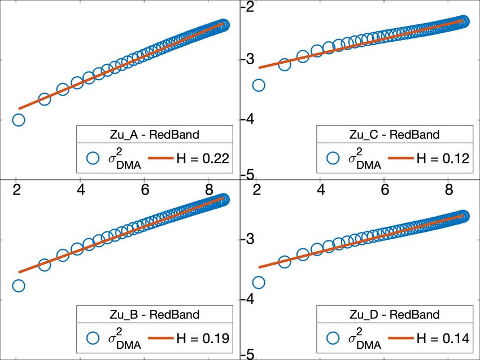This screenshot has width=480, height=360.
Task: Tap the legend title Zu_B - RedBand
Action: point(154,314)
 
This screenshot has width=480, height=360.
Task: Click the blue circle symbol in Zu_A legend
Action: point(94,159)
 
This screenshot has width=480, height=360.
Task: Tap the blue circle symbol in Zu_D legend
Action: point(333,339)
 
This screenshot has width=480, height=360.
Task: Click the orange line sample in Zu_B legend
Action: point(158,339)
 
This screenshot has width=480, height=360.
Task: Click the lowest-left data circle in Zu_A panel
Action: point(18,120)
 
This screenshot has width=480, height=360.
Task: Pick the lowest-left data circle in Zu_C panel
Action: point(259,85)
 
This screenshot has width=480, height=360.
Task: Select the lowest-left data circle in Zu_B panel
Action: point(18,286)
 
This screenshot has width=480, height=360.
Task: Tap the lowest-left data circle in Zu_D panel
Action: point(259,282)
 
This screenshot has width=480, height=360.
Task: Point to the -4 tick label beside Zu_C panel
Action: point(249,120)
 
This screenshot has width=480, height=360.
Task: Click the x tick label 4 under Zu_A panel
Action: point(81,190)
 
